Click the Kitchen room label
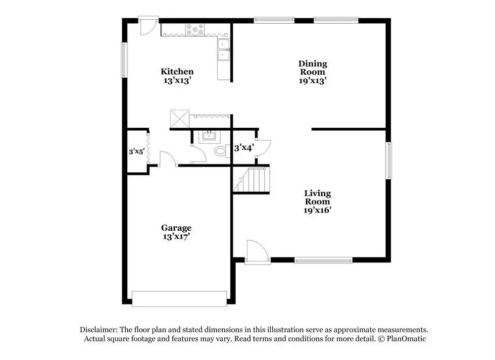177,72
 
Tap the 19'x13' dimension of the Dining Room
312,80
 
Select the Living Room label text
317,197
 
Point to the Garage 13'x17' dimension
176,237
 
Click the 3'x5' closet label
136,152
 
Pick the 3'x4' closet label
244,148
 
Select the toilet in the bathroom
219,151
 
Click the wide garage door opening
179,299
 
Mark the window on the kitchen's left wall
124,60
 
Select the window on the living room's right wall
389,160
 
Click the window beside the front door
323,259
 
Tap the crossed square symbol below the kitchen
180,118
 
